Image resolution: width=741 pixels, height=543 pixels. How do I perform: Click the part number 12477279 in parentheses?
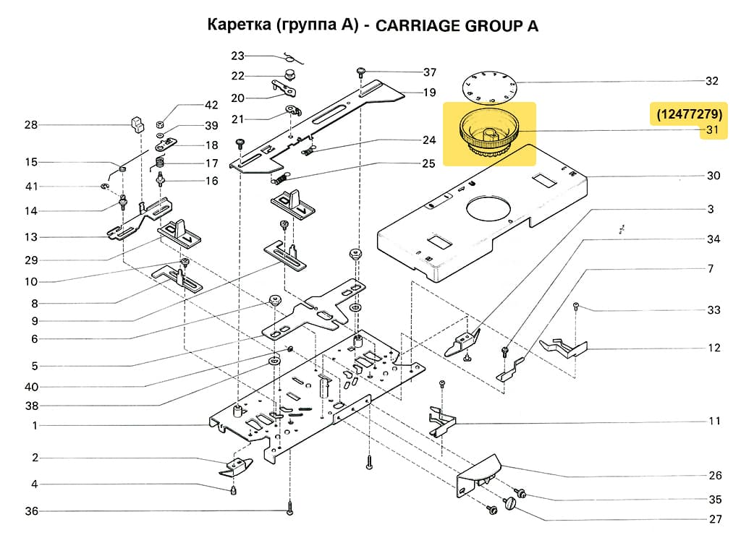coord(689,114)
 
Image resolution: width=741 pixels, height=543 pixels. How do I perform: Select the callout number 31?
coord(714,131)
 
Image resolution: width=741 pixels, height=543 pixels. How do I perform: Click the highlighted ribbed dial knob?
coord(490,134)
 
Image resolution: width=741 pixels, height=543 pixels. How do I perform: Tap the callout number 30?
coord(714,176)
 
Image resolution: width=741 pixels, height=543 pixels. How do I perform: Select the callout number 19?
coord(429,93)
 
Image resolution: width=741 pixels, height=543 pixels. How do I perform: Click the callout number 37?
coord(430,72)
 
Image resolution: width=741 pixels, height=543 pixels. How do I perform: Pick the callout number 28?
coord(30,125)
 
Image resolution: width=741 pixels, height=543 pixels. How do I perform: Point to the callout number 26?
coord(714,475)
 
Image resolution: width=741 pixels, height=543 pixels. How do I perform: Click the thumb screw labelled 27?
coord(515,502)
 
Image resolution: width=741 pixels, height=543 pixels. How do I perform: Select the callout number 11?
coord(714,421)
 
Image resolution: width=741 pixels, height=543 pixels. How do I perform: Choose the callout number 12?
coord(714,348)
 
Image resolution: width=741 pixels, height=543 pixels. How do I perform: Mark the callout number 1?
coord(34,426)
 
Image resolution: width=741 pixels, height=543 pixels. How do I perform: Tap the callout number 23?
coord(238,56)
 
